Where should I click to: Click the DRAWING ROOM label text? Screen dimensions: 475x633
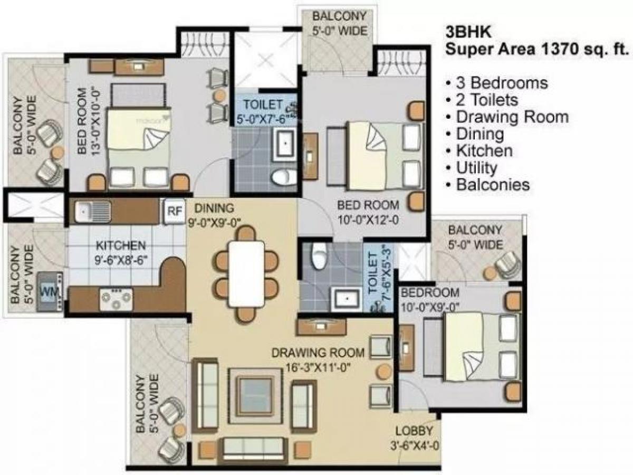point(318,353)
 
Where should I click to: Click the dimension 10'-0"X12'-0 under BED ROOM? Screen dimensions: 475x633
point(369,220)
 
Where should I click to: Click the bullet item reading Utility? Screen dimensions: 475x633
point(476,168)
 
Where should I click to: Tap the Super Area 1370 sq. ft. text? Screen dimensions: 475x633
point(538,50)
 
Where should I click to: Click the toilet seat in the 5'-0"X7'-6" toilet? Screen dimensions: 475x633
point(280,176)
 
